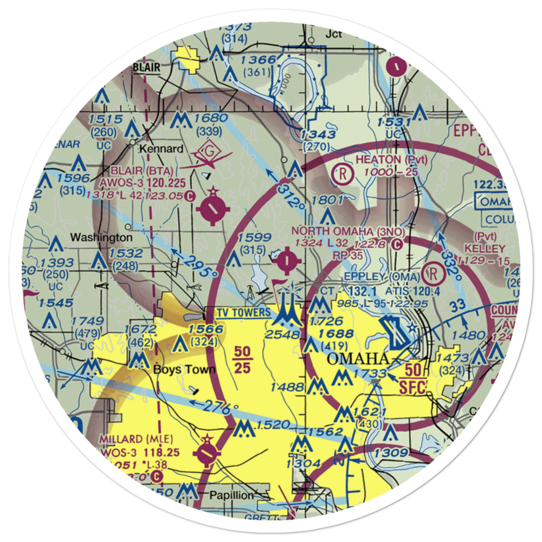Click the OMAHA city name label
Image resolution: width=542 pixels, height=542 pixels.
[x=358, y=359]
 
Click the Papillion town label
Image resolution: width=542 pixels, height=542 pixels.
[x=232, y=495]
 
